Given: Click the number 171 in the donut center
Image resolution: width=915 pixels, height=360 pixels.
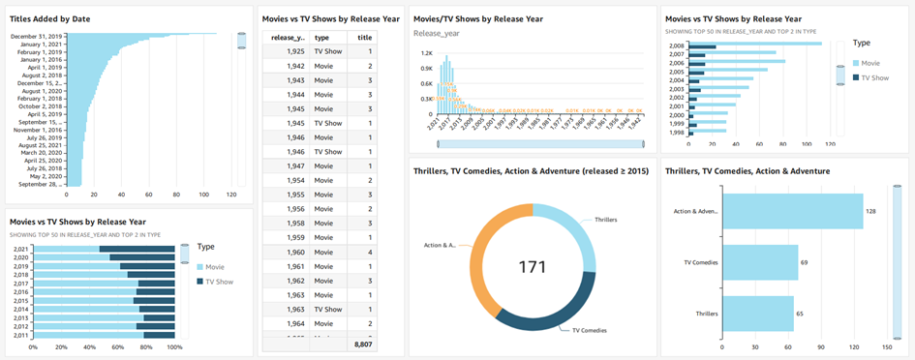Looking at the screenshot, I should pos(532,265).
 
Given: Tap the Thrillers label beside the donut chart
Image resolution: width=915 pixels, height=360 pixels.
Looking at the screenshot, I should pos(605,220).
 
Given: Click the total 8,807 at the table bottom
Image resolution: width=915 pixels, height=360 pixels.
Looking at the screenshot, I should pos(363,344).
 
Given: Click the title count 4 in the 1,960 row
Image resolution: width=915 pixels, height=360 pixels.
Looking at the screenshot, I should pos(370,252).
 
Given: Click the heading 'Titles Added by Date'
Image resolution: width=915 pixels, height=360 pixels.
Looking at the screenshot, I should pos(52,19).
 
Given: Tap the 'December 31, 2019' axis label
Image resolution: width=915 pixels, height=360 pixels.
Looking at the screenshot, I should pos(39,37).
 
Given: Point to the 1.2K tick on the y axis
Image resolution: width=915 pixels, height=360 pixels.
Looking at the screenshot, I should pos(424,53).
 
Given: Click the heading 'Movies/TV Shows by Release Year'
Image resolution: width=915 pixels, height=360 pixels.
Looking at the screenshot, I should pos(477,18).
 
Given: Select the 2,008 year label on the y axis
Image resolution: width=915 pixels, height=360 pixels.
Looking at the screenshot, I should pos(676,45).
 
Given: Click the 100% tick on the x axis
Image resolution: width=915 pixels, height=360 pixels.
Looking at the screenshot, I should pos(174,345).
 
